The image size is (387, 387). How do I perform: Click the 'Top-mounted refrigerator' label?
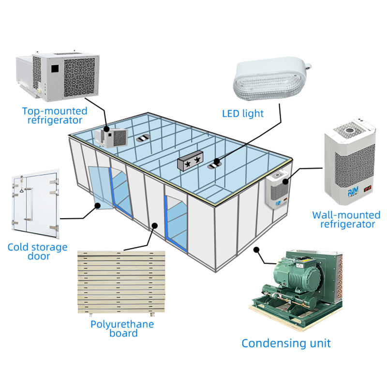(x=55, y=116)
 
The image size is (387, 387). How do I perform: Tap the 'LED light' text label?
(x=243, y=114)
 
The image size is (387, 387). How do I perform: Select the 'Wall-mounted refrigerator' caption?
(x=346, y=220)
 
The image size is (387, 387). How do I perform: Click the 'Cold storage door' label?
(x=37, y=252)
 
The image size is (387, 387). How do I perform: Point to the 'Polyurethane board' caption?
(x=122, y=328)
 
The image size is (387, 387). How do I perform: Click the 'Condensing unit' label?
(x=286, y=343)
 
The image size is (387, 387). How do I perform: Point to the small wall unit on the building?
(x=276, y=191)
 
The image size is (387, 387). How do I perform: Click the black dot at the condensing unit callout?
(x=256, y=250)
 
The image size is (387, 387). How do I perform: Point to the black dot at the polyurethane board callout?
(x=154, y=224)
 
